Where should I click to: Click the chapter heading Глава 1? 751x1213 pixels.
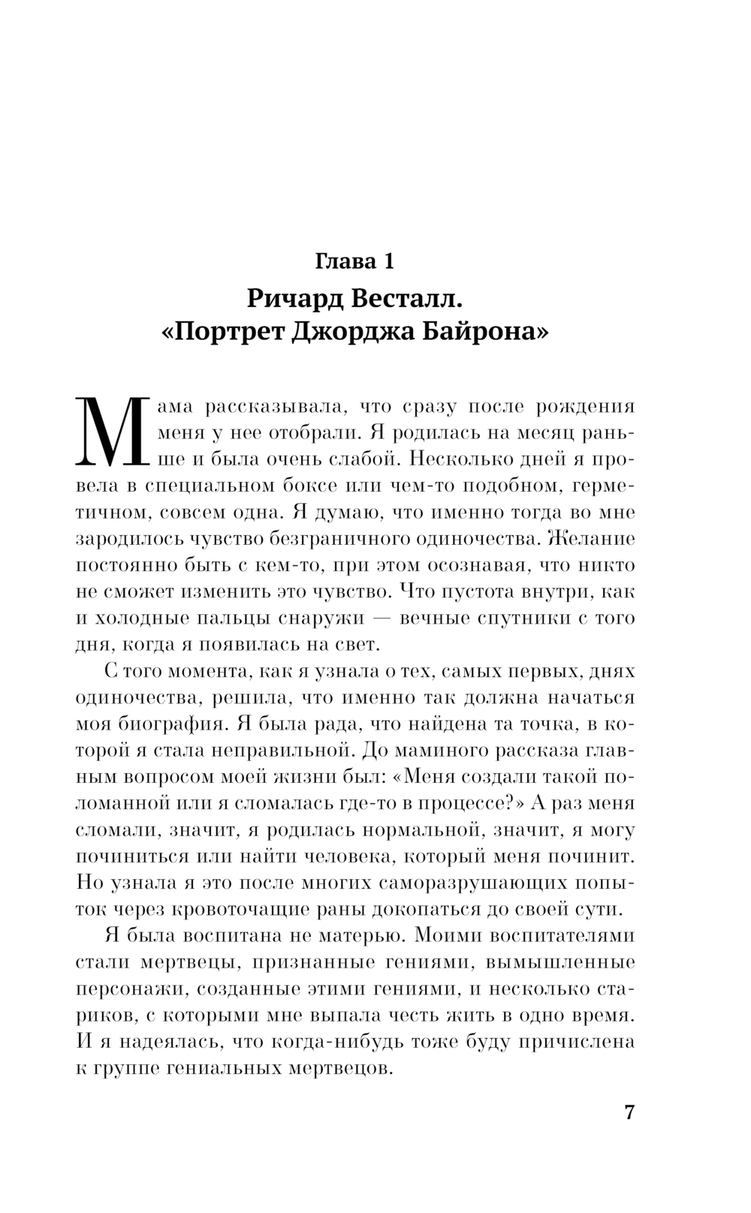tap(354, 261)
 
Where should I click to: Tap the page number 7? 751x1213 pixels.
tap(629, 1112)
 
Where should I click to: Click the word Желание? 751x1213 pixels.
tap(592, 538)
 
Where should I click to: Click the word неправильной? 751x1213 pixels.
tap(276, 750)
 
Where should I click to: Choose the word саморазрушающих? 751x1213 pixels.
tap(482, 882)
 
